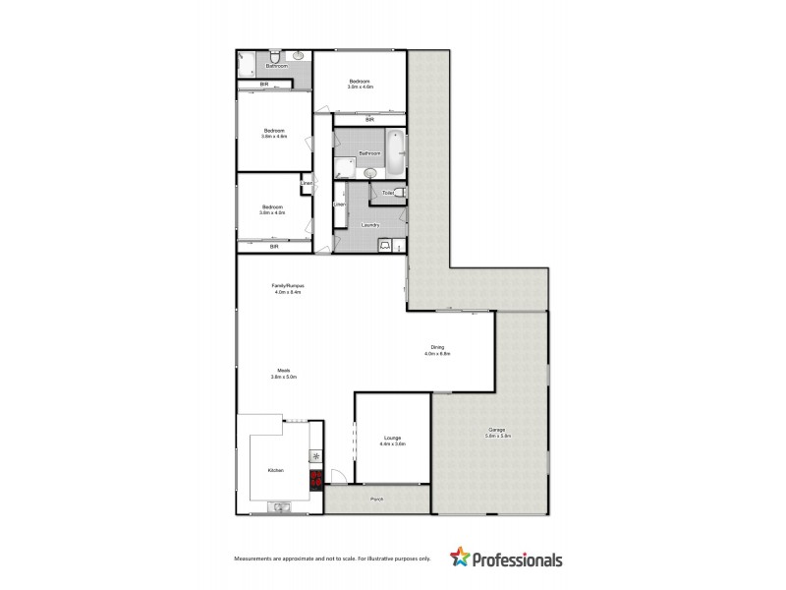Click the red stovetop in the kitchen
(316, 480)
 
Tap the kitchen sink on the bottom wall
(278, 507)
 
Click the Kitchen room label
(276, 471)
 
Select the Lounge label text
(392, 439)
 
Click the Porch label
(376, 501)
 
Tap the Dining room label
(437, 346)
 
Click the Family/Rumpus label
(287, 286)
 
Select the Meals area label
(283, 371)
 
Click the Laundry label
(369, 225)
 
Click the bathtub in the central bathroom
(395, 152)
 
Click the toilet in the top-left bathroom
(277, 58)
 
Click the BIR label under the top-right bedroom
(369, 120)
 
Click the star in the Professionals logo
(459, 559)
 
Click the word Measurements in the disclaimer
(255, 560)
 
